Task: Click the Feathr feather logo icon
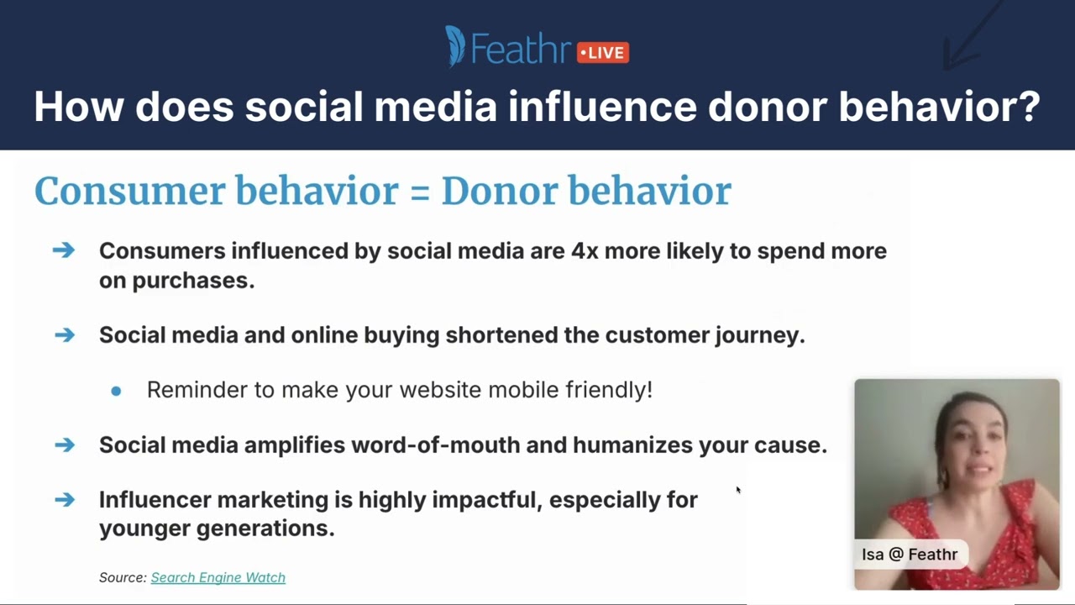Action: click(455, 46)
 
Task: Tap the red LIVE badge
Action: click(603, 53)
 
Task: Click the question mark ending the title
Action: click(1026, 108)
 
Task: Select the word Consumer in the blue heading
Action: click(129, 192)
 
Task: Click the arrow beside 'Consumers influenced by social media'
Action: click(64, 250)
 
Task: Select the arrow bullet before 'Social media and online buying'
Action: click(64, 335)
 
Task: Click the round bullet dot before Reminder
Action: click(116, 391)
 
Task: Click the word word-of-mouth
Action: click(435, 445)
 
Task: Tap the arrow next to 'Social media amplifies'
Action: click(64, 445)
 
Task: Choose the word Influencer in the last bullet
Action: click(155, 500)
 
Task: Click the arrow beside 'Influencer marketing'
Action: click(64, 500)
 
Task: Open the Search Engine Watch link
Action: click(218, 578)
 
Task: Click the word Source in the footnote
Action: click(123, 578)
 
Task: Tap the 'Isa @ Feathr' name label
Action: click(909, 555)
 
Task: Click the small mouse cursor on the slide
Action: click(738, 490)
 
